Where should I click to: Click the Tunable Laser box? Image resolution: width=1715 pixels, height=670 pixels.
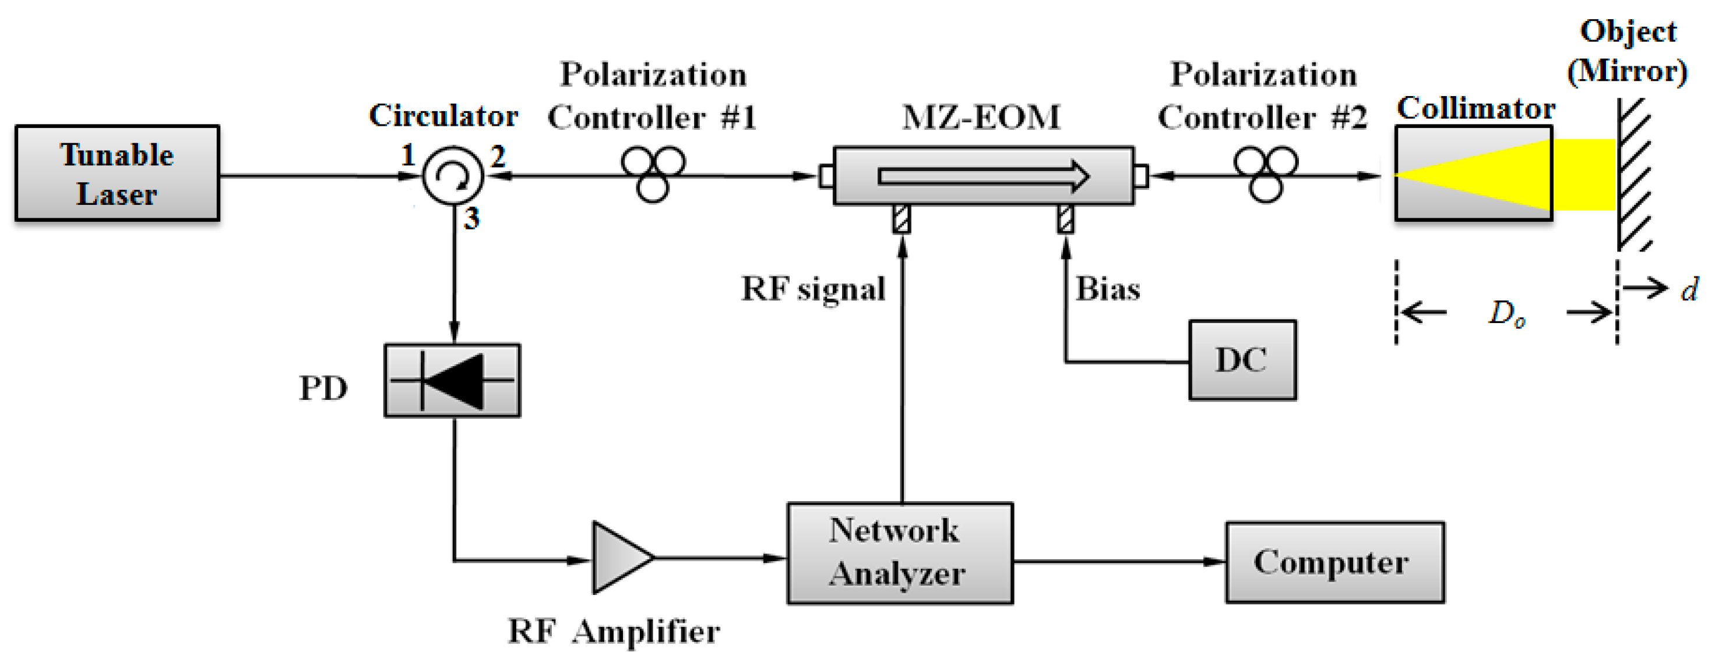(x=117, y=173)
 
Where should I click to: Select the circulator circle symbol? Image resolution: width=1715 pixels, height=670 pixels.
(x=453, y=176)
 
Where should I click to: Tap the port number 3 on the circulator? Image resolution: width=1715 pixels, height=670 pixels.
(x=471, y=219)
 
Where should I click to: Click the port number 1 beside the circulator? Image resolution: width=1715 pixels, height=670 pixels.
(x=408, y=155)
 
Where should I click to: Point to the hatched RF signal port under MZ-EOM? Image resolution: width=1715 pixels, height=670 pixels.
(x=901, y=219)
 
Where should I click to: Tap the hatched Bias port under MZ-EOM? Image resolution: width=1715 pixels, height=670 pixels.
(x=1065, y=219)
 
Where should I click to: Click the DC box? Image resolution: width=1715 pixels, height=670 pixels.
(x=1242, y=360)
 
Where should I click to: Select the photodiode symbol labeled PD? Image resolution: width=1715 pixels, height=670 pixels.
(x=452, y=381)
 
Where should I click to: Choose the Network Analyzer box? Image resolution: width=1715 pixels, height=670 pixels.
(x=899, y=553)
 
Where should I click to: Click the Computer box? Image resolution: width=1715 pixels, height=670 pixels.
(x=1335, y=562)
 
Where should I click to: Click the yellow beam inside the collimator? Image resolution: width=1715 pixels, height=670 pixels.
(x=1498, y=174)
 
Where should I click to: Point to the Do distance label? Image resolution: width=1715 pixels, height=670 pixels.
(x=1506, y=313)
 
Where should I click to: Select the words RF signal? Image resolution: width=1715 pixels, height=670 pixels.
(x=813, y=289)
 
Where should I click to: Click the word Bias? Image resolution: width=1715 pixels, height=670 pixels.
(x=1108, y=289)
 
